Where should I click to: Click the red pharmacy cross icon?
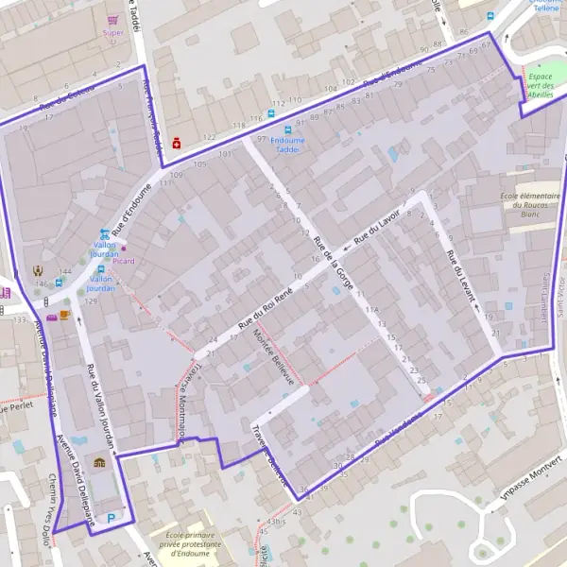pyautogui.click(x=177, y=143)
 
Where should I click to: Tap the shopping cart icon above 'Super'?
pyautogui.click(x=113, y=19)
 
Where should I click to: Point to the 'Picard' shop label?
pyautogui.click(x=123, y=261)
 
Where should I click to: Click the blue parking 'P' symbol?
pyautogui.click(x=112, y=517)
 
